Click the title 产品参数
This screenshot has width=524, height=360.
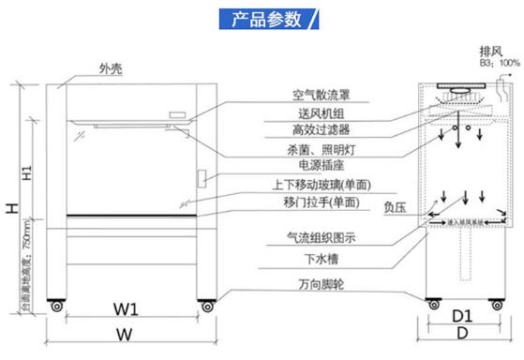260,20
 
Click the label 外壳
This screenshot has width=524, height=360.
110,69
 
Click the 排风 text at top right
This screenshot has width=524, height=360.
488,52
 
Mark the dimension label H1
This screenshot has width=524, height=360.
28,173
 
